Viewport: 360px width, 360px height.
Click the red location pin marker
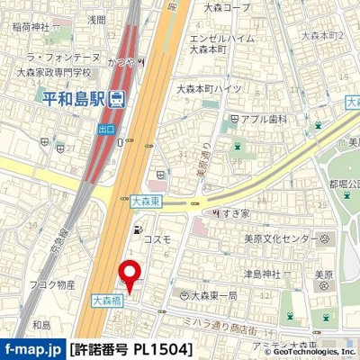pyautogui.click(x=130, y=274)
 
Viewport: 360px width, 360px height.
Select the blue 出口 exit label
pyautogui.click(x=107, y=130)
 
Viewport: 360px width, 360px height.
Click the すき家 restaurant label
pyautogui.click(x=235, y=213)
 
